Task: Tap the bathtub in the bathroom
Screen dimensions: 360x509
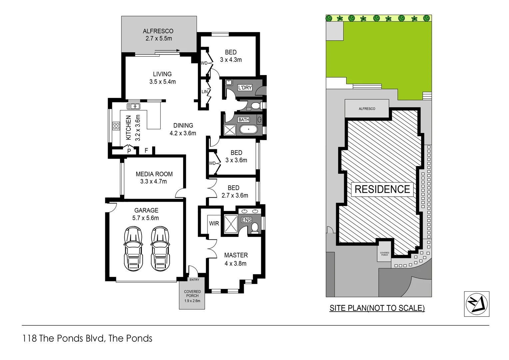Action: coord(248,129)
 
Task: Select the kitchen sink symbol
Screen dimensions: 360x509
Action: coord(133,106)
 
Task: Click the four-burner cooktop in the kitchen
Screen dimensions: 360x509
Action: coord(116,126)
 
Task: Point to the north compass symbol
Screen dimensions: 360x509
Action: coord(476,304)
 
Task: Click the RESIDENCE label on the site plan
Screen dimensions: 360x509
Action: coord(382,189)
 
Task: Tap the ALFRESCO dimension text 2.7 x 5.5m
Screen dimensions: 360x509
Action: coord(159,38)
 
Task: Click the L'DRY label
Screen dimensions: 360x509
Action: coord(245,88)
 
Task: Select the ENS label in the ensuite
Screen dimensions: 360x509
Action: coord(246,220)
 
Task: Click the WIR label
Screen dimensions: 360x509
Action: coord(214,223)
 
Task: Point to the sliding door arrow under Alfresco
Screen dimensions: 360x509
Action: coord(167,51)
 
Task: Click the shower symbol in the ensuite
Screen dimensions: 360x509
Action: coord(231,223)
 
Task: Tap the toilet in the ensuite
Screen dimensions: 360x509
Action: coord(255,228)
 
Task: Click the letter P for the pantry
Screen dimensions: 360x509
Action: coord(129,151)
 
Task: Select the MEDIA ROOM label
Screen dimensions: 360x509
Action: coord(154,174)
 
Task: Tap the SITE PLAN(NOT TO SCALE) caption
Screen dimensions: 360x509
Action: coord(377,308)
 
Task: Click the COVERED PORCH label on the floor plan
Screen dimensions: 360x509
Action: coord(192,294)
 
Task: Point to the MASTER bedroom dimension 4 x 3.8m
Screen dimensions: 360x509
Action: coord(236,263)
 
